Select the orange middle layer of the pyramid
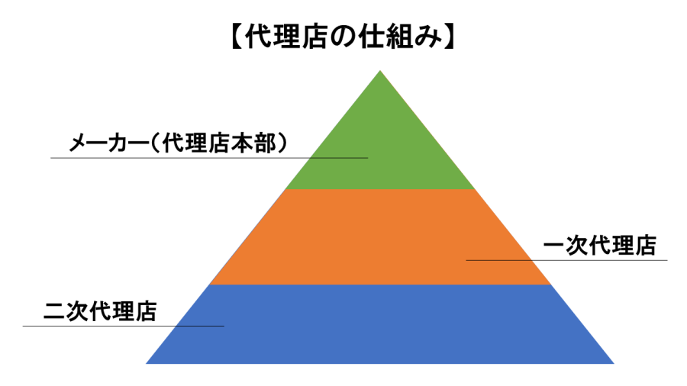point(380,236)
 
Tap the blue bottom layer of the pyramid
point(380,324)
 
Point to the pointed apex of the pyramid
point(380,70)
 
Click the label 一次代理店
point(600,246)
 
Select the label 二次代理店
point(100,311)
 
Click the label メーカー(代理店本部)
point(179,143)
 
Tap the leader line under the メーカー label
point(209,158)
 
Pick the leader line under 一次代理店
point(566,260)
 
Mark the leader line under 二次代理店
point(124,326)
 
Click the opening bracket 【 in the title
point(237,37)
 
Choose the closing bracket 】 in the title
point(450,37)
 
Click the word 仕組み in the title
point(400,37)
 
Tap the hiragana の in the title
point(343,37)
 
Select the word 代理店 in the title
point(286,37)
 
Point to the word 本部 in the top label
point(254,143)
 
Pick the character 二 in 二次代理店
point(54,312)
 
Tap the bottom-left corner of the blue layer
point(146,364)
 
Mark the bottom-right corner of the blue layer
point(614,364)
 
